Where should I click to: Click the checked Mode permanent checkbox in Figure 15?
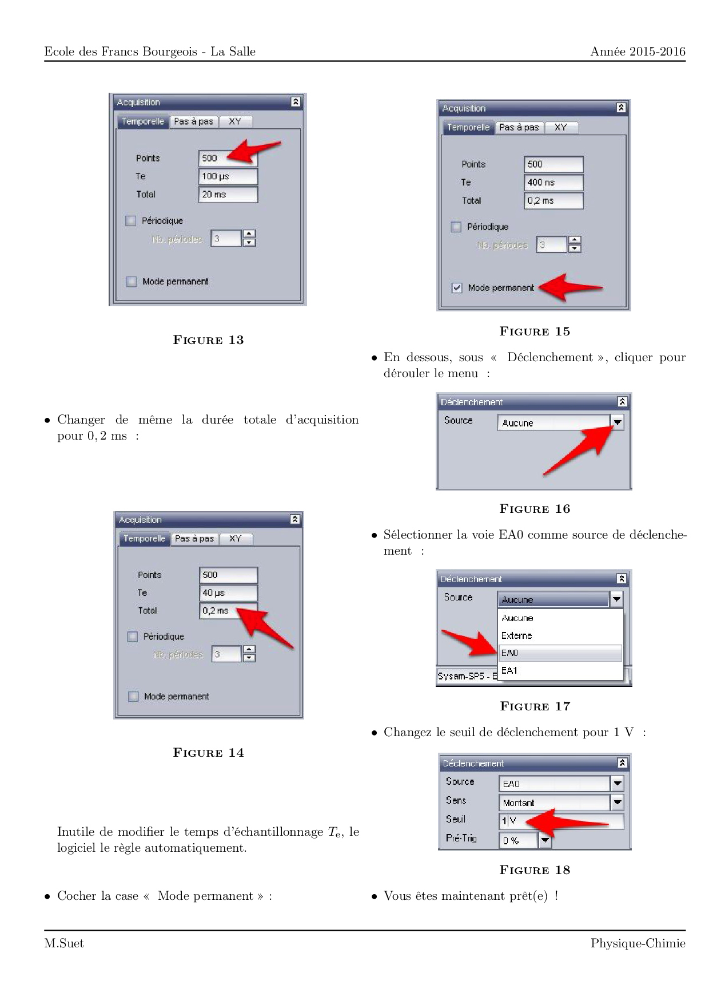point(457,288)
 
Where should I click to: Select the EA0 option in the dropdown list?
point(559,653)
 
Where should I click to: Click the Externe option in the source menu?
point(559,635)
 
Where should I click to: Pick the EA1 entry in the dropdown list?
point(559,670)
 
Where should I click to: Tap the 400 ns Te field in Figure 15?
point(553,183)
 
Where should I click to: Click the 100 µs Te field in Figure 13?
point(228,176)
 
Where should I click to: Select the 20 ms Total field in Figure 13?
point(228,195)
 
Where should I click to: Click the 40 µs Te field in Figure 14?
point(228,593)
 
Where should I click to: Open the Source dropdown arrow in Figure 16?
point(618,422)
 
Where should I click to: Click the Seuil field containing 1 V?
point(560,821)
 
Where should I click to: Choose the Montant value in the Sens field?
point(553,803)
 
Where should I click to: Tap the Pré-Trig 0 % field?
point(518,840)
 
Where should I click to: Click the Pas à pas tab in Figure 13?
point(193,121)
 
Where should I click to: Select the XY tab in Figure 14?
point(236,539)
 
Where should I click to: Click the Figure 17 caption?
point(535,706)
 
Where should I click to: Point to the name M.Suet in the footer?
point(64,944)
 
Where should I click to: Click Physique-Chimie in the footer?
point(638,944)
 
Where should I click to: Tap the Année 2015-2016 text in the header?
point(638,52)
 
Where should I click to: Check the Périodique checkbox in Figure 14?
point(133,637)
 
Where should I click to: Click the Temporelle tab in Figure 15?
point(468,128)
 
